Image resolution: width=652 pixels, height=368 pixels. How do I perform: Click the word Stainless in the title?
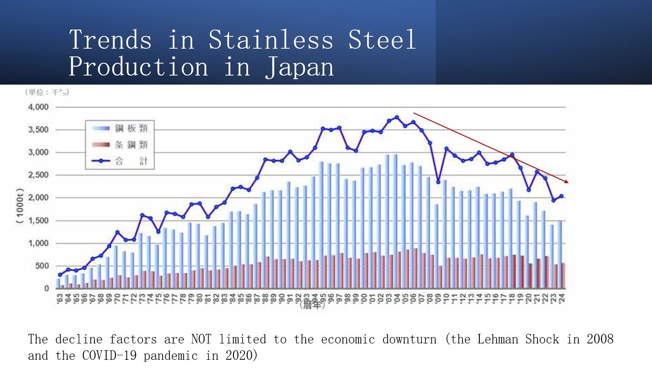point(271,39)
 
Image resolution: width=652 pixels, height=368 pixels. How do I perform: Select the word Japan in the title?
point(300,67)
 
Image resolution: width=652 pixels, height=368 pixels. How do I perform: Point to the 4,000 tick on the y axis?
point(39,107)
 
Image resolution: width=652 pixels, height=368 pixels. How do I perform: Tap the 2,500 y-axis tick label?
point(39,175)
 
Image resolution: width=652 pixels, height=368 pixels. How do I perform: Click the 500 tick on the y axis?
point(43,266)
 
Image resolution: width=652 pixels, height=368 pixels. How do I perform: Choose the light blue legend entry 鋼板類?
point(131,129)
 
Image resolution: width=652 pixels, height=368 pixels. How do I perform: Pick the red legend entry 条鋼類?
point(131,145)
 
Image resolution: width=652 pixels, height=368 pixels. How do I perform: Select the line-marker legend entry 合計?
point(131,161)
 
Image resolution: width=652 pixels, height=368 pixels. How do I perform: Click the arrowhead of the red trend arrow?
point(567,181)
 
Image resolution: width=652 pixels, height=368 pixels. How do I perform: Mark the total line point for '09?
point(438,182)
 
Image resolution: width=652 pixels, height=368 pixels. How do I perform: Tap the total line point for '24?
point(562,196)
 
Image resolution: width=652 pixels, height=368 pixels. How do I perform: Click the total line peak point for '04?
point(397,117)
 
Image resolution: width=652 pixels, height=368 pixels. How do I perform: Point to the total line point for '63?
point(60,275)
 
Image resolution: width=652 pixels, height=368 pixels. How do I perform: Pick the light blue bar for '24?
point(559,255)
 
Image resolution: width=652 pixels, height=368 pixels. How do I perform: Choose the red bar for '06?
point(415,268)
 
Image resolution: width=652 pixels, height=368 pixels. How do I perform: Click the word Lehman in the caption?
point(498,339)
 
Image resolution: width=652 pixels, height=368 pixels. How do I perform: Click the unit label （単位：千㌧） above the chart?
point(47,92)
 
